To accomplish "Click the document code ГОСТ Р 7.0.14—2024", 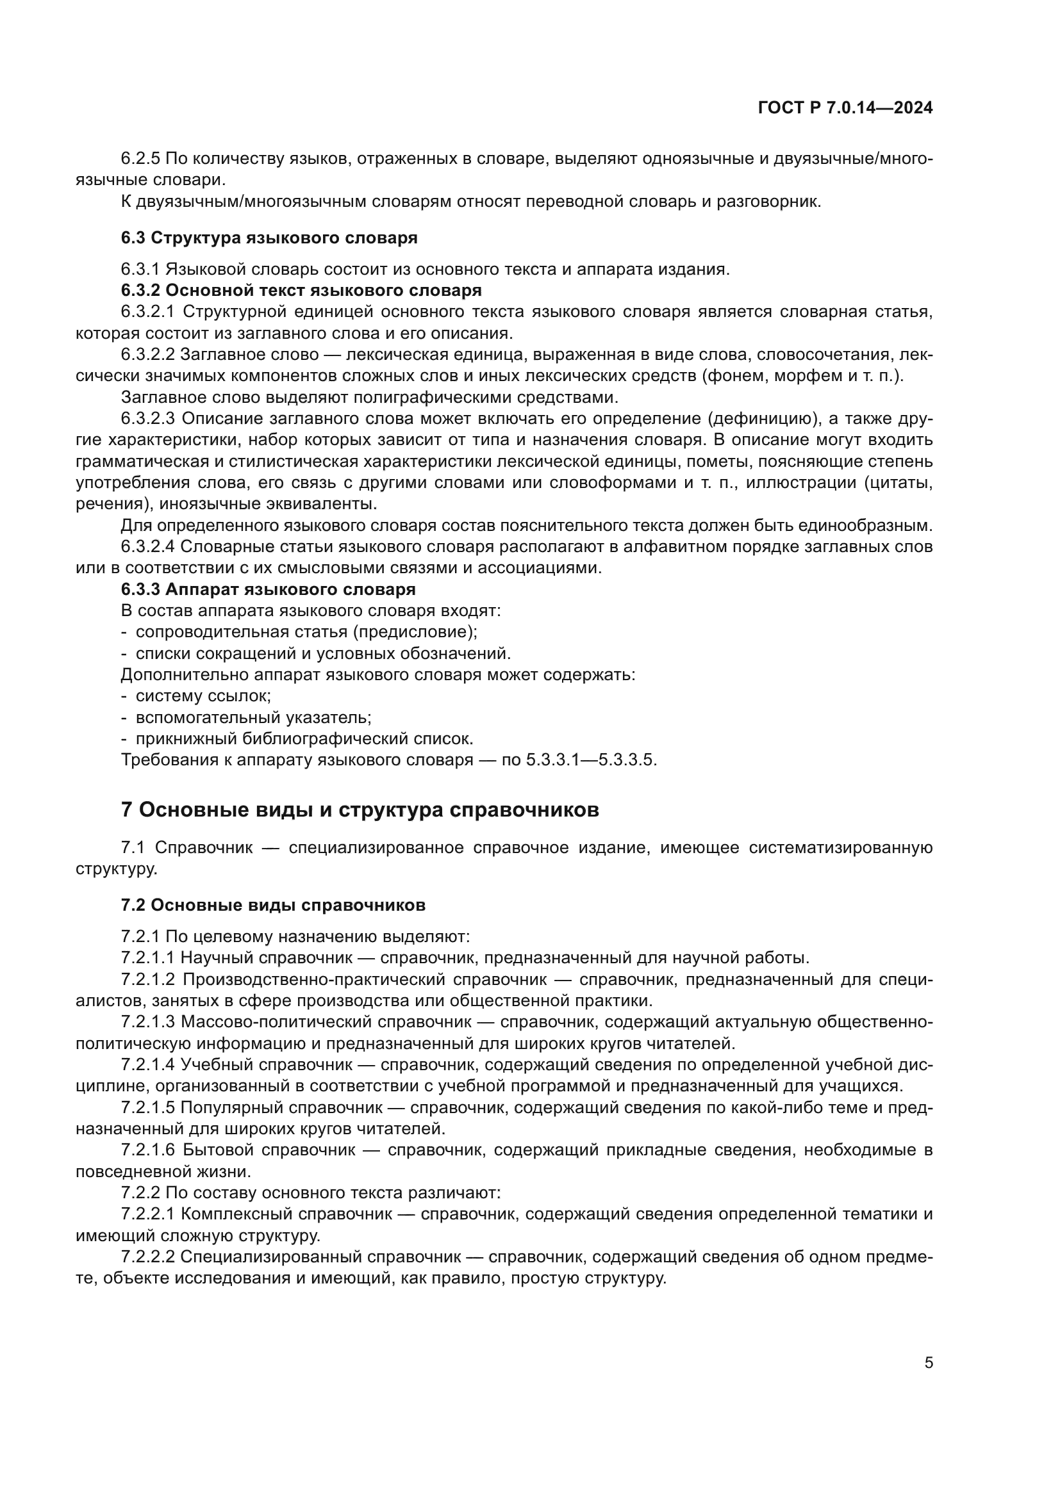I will click(845, 108).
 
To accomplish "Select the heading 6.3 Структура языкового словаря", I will click(269, 238).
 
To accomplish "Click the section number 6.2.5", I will click(140, 159).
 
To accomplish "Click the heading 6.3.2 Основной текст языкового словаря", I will click(301, 290).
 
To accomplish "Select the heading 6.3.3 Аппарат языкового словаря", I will click(269, 589).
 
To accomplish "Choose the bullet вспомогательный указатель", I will click(253, 718).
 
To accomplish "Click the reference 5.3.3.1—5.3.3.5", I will click(591, 760).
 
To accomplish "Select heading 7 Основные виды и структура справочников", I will click(360, 810).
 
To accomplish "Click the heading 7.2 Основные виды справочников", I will click(273, 905).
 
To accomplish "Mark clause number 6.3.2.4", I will click(148, 547).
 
